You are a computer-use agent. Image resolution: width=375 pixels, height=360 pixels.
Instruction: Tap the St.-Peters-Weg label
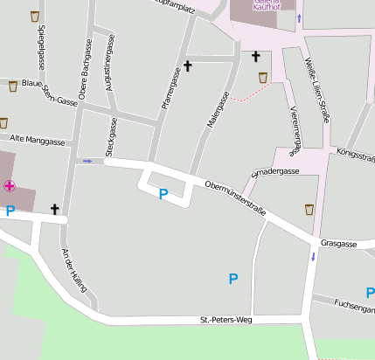coord(226,321)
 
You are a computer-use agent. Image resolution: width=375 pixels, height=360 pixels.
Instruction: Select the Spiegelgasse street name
coord(41,47)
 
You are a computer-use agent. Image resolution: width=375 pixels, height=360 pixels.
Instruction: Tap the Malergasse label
coord(216,111)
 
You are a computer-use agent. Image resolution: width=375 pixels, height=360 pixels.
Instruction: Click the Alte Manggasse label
coord(37,140)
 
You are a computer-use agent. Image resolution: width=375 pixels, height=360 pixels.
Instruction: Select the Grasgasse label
coord(339,244)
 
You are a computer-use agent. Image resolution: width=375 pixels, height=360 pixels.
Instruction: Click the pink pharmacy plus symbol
coord(10,185)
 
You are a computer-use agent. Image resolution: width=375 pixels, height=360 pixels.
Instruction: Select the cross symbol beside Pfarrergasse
coord(187,66)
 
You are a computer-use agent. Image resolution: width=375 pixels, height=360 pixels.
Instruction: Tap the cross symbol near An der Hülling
coord(55,209)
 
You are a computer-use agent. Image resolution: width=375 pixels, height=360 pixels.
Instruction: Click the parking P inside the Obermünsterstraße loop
coord(163,194)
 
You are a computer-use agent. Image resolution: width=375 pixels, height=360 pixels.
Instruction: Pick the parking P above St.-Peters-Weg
coord(233,279)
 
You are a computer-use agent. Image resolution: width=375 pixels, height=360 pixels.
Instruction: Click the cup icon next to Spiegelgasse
coord(34,17)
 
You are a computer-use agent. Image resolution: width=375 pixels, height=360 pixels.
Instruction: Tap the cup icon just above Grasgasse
coord(309,209)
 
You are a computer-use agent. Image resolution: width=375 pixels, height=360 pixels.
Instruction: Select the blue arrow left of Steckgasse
coord(87,161)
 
